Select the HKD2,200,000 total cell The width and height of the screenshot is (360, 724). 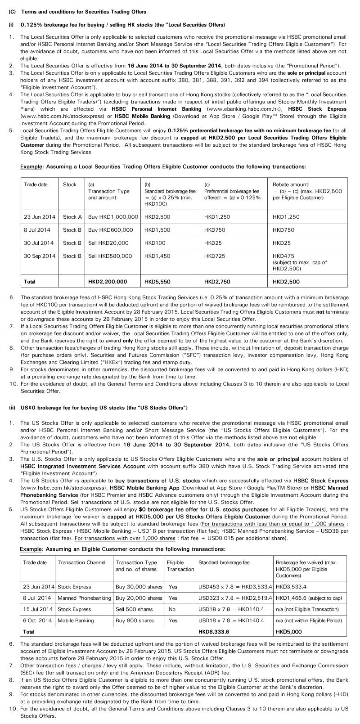point(108,282)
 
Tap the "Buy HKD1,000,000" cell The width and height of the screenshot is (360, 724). point(113,217)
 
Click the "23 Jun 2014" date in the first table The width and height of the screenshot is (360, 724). point(40,217)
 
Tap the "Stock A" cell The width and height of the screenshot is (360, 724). point(72,217)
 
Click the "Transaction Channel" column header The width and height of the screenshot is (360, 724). point(81,562)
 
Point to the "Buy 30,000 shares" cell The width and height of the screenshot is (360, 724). point(139,587)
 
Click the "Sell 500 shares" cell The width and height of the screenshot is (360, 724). point(134,609)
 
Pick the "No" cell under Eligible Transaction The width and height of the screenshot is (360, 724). point(172,609)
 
